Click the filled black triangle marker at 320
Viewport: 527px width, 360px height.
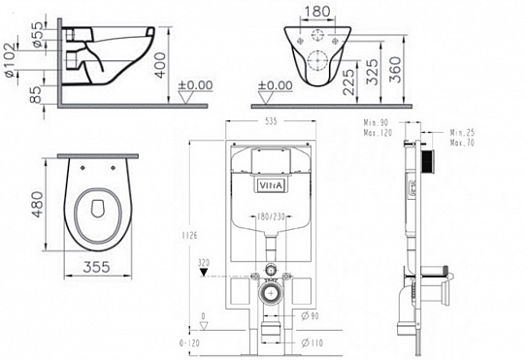(204, 274)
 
